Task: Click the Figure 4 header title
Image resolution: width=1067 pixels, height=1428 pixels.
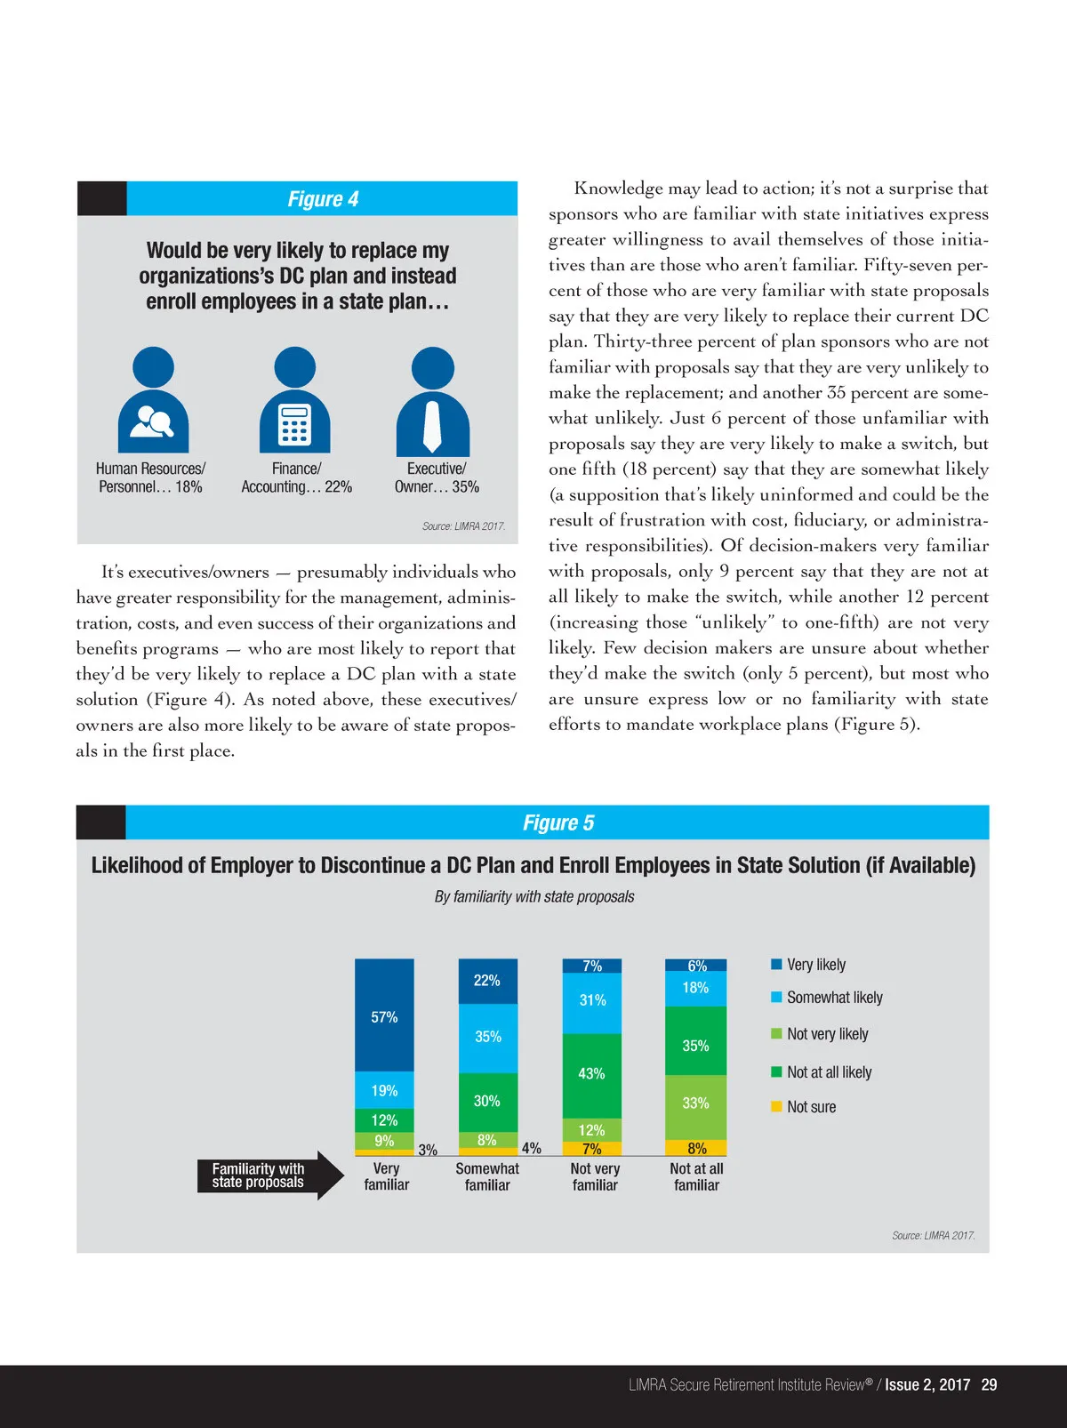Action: [x=323, y=199]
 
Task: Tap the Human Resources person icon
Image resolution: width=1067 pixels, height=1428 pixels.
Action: [x=153, y=401]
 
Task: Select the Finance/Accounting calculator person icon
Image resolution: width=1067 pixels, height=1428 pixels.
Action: [x=294, y=401]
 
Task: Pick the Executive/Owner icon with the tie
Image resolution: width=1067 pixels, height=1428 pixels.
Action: [x=433, y=401]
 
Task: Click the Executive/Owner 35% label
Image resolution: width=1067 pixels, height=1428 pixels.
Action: [x=437, y=477]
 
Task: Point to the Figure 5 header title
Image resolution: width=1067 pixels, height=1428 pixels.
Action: [x=558, y=823]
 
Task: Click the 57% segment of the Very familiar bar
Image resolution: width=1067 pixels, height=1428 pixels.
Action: [x=384, y=1016]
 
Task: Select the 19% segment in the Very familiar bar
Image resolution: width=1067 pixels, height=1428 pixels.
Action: [x=384, y=1090]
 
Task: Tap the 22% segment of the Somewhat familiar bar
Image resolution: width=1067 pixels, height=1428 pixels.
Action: [x=487, y=981]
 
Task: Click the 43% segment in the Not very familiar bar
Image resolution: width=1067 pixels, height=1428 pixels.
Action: [x=591, y=1074]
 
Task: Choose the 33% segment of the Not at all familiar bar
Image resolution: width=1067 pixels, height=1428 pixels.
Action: [x=695, y=1103]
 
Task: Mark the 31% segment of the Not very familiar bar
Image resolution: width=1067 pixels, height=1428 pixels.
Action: [x=592, y=1001]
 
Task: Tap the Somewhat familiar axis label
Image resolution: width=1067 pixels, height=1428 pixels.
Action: [x=487, y=1176]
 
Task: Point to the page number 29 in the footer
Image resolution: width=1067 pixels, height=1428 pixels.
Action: [x=989, y=1384]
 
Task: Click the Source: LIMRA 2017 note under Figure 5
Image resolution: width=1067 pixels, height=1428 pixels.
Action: [x=934, y=1235]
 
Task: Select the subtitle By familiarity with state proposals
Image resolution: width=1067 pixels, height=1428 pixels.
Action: [x=534, y=896]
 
